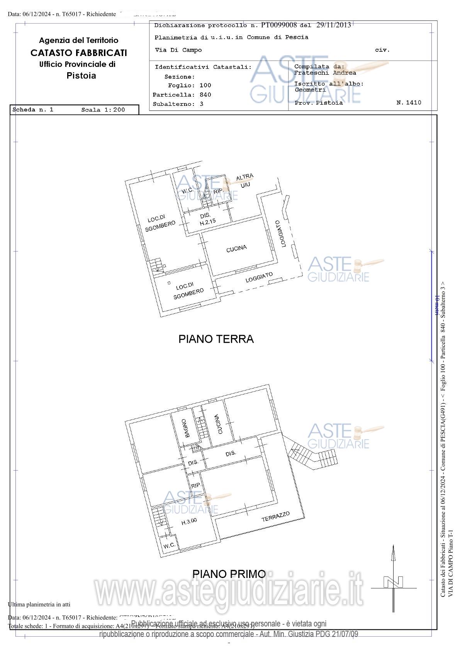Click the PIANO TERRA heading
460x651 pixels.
click(x=216, y=339)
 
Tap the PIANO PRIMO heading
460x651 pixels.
click(x=229, y=574)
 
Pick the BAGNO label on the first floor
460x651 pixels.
click(x=187, y=428)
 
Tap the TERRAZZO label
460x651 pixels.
click(x=275, y=517)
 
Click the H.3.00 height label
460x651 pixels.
click(x=189, y=522)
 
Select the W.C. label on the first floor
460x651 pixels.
click(x=169, y=546)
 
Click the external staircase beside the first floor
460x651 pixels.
click(x=314, y=456)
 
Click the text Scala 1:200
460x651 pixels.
click(x=103, y=110)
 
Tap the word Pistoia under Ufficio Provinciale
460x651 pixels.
click(x=81, y=76)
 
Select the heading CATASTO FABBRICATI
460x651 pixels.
click(x=79, y=53)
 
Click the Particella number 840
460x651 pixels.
click(x=205, y=95)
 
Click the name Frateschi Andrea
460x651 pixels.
click(x=325, y=73)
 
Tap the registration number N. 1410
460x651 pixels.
click(x=409, y=102)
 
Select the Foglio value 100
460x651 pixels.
click(x=205, y=85)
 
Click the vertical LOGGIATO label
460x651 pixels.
click(x=281, y=234)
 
